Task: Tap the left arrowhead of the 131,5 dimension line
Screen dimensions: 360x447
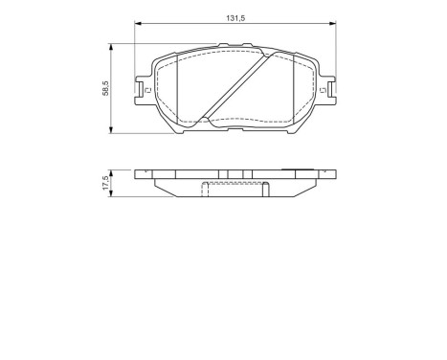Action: (x=138, y=24)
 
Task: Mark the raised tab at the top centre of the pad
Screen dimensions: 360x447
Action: (x=230, y=45)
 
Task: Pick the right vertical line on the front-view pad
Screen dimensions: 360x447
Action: (x=287, y=88)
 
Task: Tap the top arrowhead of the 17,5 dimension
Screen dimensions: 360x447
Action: (x=116, y=170)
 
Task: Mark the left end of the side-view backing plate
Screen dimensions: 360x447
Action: (x=138, y=173)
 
